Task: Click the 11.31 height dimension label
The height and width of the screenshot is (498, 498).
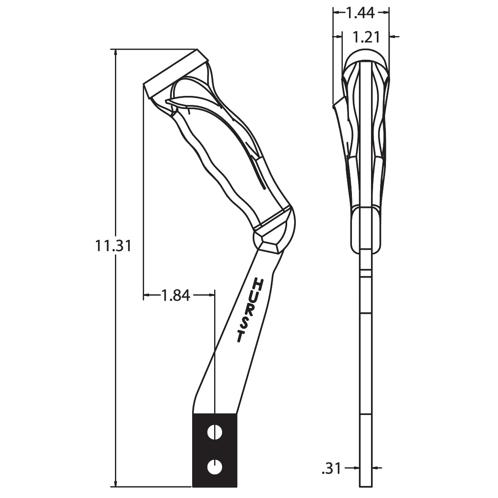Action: point(113,246)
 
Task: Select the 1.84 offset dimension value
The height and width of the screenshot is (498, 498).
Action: point(176,295)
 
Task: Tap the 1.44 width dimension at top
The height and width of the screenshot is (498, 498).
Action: point(360,13)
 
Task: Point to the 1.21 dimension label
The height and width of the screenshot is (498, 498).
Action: point(366,37)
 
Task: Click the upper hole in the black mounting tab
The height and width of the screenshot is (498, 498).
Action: point(215,432)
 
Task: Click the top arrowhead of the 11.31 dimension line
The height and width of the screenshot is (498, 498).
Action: point(115,52)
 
